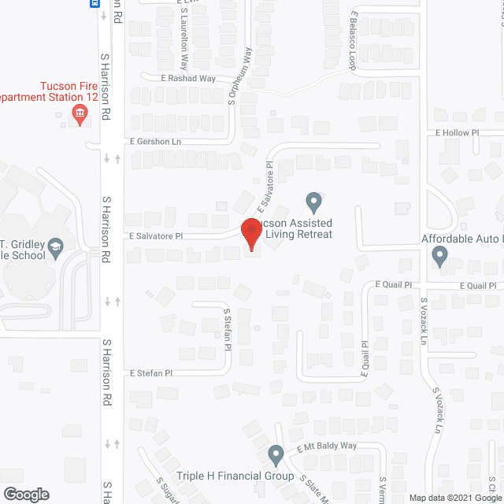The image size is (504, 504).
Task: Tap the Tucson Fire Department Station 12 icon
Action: (x=80, y=116)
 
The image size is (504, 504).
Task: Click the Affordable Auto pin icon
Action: (x=439, y=254)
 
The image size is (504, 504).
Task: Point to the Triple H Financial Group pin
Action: (x=276, y=454)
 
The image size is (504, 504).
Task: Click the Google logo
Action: (x=26, y=495)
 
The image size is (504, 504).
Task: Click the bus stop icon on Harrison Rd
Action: (x=95, y=3)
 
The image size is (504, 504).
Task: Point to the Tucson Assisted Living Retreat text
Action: (x=298, y=228)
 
